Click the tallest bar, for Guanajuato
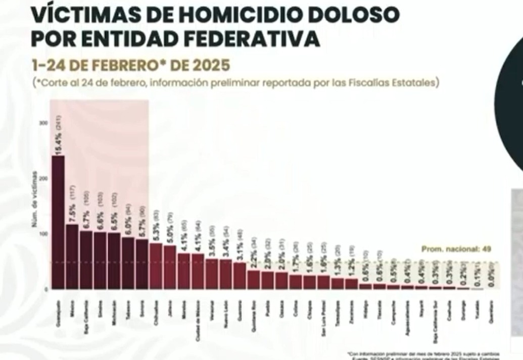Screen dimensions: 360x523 [x=58, y=222]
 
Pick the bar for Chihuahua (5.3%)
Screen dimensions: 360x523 [x=156, y=266]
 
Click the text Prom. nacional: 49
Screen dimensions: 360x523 [x=456, y=249]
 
